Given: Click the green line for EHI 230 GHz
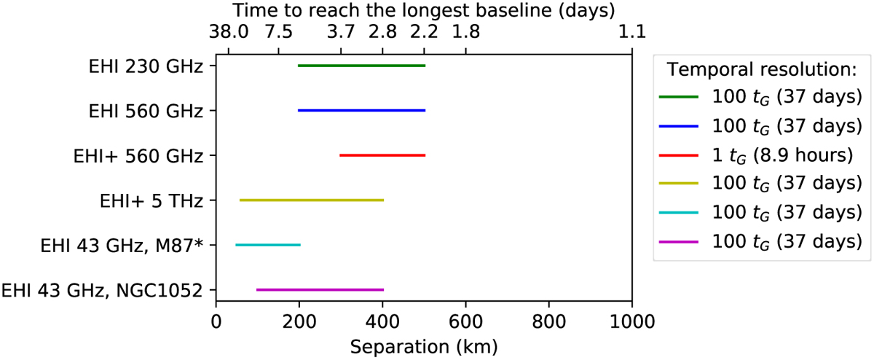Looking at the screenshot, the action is (x=362, y=66).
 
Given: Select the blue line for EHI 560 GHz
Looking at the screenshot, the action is (x=362, y=111).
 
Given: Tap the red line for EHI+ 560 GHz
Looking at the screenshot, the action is (x=382, y=155).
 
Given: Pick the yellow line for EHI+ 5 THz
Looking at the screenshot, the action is (x=312, y=200).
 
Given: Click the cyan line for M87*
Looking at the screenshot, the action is (x=268, y=245).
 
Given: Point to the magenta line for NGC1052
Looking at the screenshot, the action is (x=320, y=290).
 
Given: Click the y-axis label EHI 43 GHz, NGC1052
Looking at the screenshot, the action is (x=102, y=291).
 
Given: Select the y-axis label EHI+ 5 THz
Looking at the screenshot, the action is (x=151, y=201).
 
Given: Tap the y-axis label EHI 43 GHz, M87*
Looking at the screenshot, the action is (x=122, y=246).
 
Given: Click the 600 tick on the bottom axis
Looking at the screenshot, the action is (x=466, y=304).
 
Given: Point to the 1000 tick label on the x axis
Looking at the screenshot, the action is (x=632, y=322).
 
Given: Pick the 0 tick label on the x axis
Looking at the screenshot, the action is (x=216, y=322).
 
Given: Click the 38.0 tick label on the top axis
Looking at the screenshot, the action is (x=229, y=31).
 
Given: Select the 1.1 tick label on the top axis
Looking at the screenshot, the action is (x=632, y=31).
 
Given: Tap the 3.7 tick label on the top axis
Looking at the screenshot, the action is (x=341, y=31).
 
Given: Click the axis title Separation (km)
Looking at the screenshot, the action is (x=424, y=347).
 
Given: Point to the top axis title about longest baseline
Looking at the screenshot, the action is (x=424, y=10).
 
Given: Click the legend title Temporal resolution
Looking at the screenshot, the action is (x=762, y=69).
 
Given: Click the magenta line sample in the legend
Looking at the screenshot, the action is (x=679, y=243).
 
